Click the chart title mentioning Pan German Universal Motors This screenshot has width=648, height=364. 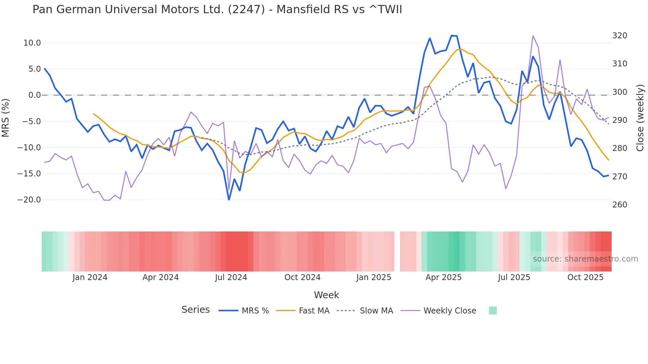(x=217, y=10)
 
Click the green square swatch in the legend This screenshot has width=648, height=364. (x=493, y=310)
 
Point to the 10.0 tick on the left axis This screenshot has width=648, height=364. (x=32, y=43)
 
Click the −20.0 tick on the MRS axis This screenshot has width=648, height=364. (x=29, y=200)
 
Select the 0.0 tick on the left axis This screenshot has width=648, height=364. (x=34, y=95)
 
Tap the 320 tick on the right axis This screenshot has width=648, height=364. (x=620, y=36)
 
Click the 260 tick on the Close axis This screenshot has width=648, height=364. (x=620, y=205)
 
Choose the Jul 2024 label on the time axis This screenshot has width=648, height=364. (x=231, y=277)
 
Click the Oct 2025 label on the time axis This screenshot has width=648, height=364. (x=585, y=277)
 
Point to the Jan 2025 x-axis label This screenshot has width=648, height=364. (x=374, y=277)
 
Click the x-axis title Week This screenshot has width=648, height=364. (x=326, y=295)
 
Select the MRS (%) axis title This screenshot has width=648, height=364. (x=6, y=118)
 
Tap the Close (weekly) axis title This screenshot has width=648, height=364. (x=640, y=118)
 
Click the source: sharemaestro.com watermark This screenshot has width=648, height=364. (x=585, y=259)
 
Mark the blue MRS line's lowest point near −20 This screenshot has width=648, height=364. (x=229, y=200)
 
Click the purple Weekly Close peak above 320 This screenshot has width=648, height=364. (x=533, y=36)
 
